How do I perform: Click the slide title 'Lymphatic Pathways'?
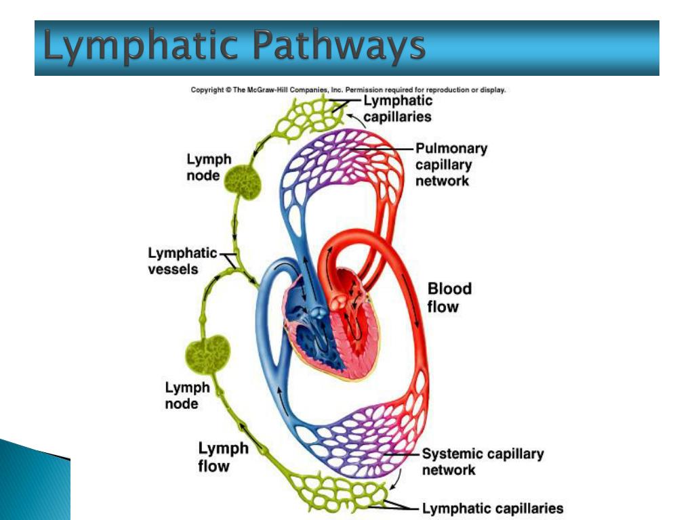pos(234,47)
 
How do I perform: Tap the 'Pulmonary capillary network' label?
pos(451,165)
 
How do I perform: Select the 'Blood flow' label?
pos(449,297)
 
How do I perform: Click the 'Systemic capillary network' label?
pos(482,462)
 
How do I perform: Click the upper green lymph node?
pos(243,181)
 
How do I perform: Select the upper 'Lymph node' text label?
pos(209,167)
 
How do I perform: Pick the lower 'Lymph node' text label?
pos(187,395)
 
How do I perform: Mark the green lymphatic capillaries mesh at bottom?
pos(336,490)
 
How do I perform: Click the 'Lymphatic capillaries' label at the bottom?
pos(492,508)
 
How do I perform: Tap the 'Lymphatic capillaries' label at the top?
pos(398,108)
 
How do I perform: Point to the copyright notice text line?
pos(348,89)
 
